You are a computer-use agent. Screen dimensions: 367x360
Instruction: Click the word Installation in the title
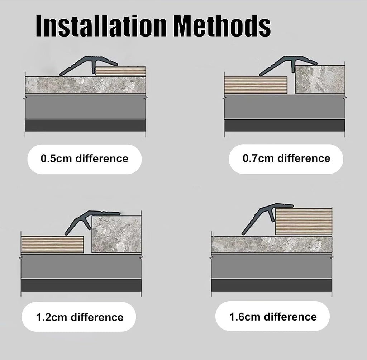pos(101,26)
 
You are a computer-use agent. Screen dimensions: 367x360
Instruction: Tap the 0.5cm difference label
pos(85,158)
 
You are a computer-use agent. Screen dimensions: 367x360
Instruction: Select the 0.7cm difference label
pos(286,158)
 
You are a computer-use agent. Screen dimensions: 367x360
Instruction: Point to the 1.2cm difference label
pos(80,317)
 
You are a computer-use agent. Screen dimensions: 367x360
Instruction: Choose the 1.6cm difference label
pos(273,317)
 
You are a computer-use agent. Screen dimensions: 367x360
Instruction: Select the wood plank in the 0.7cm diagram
pos(256,85)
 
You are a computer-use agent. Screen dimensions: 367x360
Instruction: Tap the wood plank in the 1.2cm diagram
pos(52,245)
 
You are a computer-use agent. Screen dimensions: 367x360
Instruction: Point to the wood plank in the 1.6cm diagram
pos(304,221)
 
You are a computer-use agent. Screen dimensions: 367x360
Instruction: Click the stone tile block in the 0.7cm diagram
pos(320,79)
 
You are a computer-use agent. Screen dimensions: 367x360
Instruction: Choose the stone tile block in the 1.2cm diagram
pos(116,234)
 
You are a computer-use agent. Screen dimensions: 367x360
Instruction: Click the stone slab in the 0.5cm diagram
pos(85,85)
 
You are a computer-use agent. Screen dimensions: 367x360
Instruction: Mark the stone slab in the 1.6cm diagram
pos(272,245)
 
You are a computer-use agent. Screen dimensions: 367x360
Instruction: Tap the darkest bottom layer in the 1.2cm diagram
pos(81,285)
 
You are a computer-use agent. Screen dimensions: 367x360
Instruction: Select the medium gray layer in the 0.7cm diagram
pos(285,106)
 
